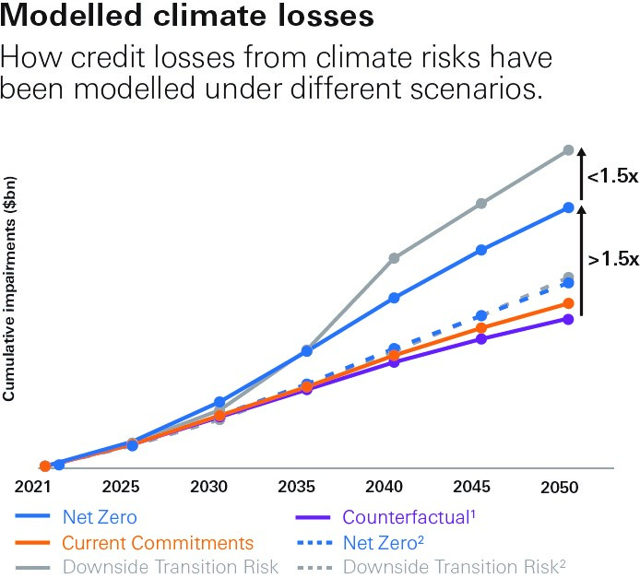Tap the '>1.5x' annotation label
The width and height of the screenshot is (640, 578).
click(611, 259)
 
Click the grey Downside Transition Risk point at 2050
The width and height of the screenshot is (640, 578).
click(569, 149)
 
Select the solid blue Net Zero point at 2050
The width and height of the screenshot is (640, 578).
click(569, 207)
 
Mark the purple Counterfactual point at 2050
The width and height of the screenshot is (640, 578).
click(569, 319)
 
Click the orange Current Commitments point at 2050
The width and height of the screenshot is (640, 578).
click(569, 303)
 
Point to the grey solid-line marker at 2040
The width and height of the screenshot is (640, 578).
click(394, 258)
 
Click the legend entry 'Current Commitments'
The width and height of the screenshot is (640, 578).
click(158, 542)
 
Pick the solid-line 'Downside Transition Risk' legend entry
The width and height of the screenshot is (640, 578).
click(171, 567)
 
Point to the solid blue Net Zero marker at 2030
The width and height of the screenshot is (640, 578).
click(219, 402)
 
